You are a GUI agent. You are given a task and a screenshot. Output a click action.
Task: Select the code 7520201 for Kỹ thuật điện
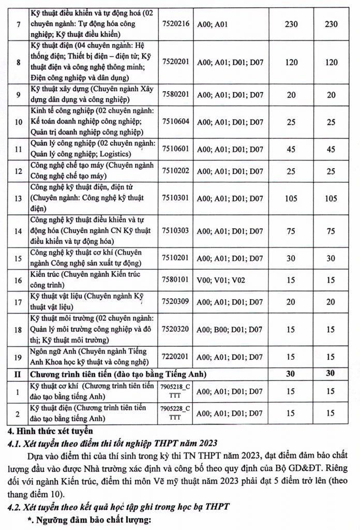pos(176,62)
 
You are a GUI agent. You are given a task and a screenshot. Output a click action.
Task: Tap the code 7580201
pos(176,95)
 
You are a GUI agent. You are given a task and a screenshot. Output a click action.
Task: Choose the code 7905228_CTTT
pos(176,414)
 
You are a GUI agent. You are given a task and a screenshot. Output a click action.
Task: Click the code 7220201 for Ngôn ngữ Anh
pos(176,357)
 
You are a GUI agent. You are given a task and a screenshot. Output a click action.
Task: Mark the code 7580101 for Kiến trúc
pos(176,280)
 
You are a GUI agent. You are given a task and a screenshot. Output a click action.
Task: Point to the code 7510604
pos(176,122)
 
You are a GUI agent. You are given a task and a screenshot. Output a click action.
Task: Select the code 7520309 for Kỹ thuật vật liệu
pos(176,302)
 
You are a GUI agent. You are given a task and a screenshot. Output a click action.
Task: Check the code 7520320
pos(176,329)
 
